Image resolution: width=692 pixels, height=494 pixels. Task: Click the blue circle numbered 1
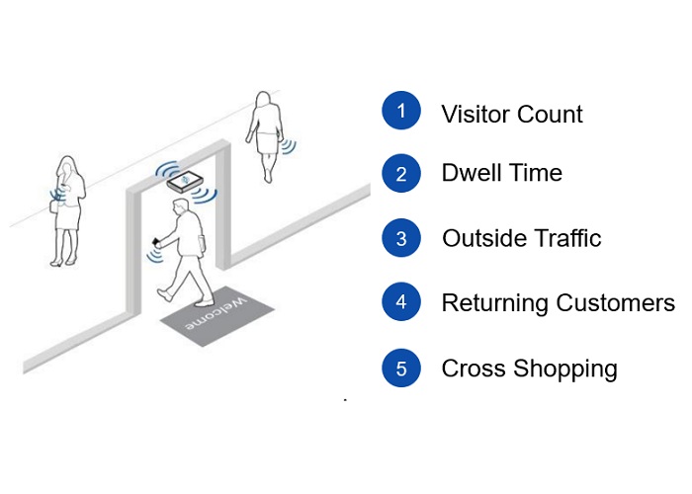401,110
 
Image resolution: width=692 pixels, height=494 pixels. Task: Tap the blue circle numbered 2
401,173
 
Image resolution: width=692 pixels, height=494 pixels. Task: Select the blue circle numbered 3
401,238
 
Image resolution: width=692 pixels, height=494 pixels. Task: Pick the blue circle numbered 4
401,302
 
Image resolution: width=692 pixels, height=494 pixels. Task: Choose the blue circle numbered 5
401,369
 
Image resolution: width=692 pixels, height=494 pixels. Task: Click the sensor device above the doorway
186,182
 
